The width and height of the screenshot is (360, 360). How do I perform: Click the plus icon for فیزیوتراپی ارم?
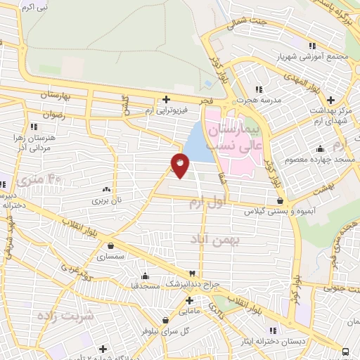(166, 100)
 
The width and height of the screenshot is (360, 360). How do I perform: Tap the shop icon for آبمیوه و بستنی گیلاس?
(280, 201)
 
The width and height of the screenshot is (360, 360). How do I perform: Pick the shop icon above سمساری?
(112, 245)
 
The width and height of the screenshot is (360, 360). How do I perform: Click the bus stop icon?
(345, 352)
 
